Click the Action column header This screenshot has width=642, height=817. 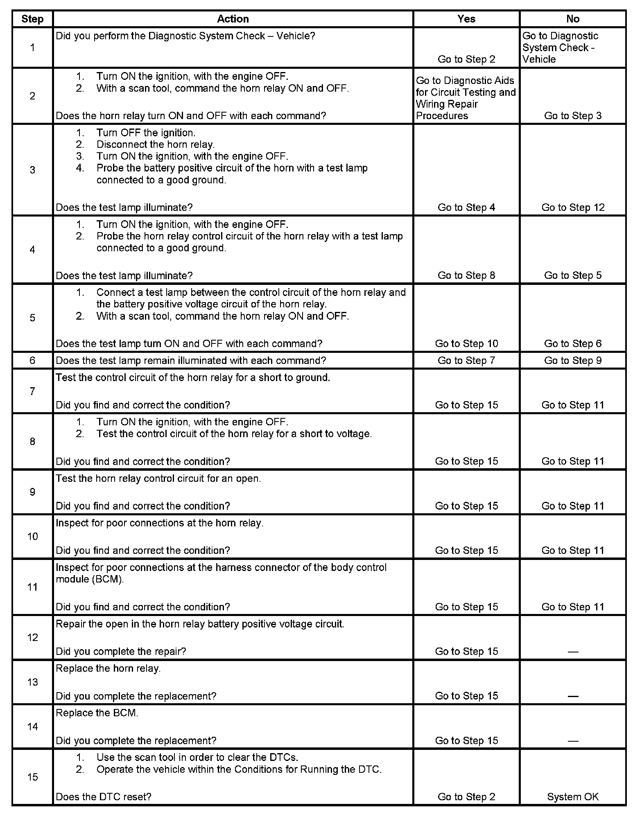[x=233, y=19]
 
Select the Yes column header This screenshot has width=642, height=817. [x=466, y=19]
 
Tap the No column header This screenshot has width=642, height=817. [x=573, y=19]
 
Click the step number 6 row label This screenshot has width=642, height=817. [x=32, y=361]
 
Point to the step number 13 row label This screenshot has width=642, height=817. [x=32, y=682]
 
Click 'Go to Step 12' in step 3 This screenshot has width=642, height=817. [x=573, y=208]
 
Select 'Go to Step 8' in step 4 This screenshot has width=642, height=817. [x=466, y=275]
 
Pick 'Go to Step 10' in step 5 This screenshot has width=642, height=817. [x=466, y=344]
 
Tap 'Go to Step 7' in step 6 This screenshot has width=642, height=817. [x=466, y=361]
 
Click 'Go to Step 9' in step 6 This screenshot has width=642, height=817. [x=573, y=361]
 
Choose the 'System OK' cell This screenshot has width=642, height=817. [x=573, y=797]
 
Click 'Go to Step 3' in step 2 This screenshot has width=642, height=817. [x=573, y=116]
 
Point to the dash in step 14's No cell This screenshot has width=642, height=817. [x=573, y=741]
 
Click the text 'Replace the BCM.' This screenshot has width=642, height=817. [x=97, y=713]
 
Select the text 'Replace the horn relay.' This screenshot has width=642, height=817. [x=108, y=668]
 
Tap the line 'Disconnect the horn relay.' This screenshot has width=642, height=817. [x=155, y=144]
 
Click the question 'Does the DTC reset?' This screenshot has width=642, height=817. [x=104, y=797]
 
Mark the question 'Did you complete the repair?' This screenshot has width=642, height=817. [x=121, y=652]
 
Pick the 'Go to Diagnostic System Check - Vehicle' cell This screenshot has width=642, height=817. [x=560, y=47]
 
